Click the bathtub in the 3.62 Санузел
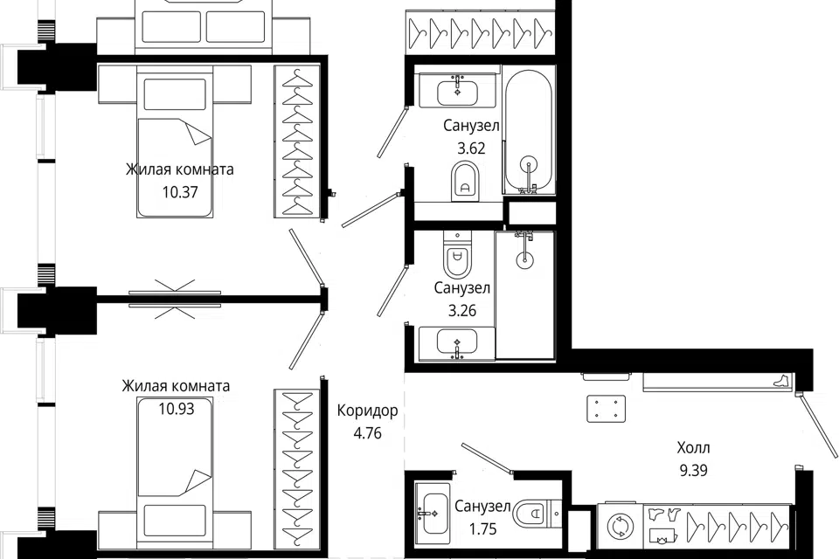(529, 130)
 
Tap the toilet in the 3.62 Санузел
(464, 181)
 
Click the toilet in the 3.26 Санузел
(457, 254)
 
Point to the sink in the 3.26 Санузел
(457, 342)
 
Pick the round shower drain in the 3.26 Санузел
(525, 260)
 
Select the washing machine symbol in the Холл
(621, 527)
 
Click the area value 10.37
(180, 192)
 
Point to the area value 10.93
(177, 410)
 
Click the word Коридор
(368, 411)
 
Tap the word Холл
(693, 447)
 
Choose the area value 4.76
(368, 433)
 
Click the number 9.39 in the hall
(693, 470)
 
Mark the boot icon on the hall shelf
(781, 380)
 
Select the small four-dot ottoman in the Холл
(607, 409)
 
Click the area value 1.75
(483, 529)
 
